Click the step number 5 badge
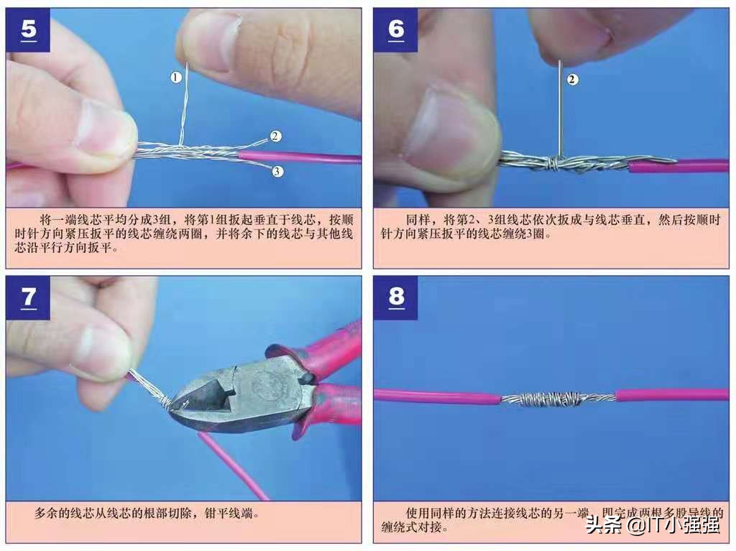pos(28,30)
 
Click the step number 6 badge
pos(396,30)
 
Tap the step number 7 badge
pos(28,297)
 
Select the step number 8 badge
pos(396,297)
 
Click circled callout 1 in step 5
pos(176,78)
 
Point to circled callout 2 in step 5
pos(276,136)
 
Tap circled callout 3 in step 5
pos(277,171)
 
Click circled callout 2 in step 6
pos(572,80)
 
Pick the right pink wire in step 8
pos(672,395)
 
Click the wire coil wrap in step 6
pos(553,164)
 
